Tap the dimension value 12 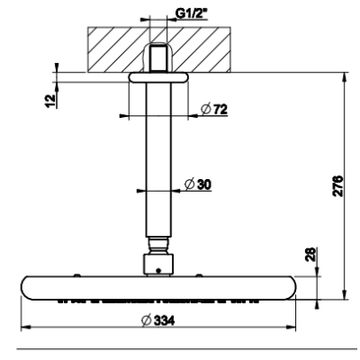click(51, 101)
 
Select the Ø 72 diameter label click(214, 110)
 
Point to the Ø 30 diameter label click(198, 184)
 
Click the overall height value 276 click(338, 185)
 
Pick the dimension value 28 click(311, 255)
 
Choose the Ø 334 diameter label click(157, 320)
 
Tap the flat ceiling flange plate click(158, 77)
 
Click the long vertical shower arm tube click(158, 160)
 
